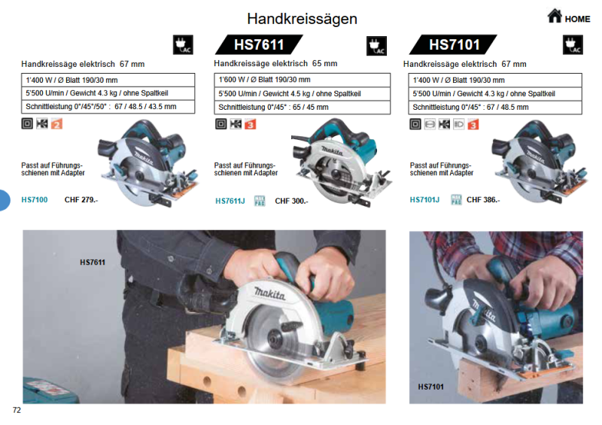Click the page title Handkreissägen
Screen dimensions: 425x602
click(x=302, y=19)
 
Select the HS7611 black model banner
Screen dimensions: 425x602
click(x=259, y=45)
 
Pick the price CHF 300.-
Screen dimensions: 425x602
click(x=292, y=201)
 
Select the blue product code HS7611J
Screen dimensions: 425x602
click(x=230, y=201)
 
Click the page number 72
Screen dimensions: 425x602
click(x=17, y=410)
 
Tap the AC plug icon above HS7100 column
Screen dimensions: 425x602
click(x=184, y=45)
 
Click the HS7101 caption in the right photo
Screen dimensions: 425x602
click(x=430, y=387)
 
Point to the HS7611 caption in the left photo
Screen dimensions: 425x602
click(x=93, y=263)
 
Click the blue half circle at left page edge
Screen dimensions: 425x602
click(x=4, y=200)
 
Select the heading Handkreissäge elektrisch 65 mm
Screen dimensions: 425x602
click(x=275, y=64)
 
